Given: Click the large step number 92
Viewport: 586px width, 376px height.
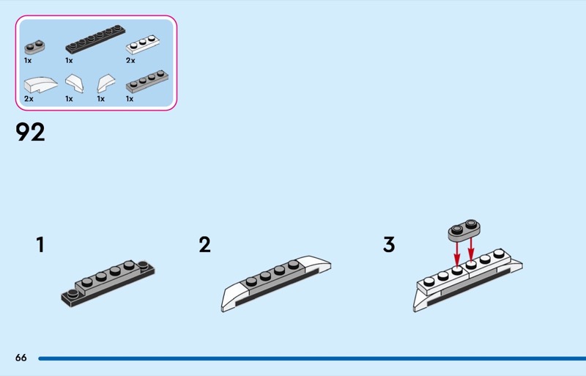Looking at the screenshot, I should [x=30, y=133].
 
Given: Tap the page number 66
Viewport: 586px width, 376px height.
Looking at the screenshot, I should [x=21, y=358].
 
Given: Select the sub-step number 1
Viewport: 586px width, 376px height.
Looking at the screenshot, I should [x=40, y=245].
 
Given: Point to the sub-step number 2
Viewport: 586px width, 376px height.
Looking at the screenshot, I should [x=204, y=245].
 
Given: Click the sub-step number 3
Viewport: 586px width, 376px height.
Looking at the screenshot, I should [x=389, y=245].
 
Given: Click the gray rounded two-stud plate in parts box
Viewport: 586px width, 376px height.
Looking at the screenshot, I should [x=32, y=48].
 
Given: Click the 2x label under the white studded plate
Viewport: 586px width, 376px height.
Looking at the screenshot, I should [x=130, y=61].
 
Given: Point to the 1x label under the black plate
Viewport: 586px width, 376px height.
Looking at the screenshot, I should [x=69, y=61].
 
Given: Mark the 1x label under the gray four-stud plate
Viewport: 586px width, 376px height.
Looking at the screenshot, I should [x=130, y=98].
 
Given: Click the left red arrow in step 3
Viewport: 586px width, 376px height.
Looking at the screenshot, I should [x=458, y=253].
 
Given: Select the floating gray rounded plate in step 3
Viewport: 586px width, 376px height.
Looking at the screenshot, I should [x=462, y=229].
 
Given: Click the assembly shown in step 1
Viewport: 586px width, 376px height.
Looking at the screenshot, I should [x=108, y=281].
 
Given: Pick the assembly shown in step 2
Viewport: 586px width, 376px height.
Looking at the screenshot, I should [x=275, y=284].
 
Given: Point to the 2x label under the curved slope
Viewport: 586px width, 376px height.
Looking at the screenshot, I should [x=29, y=98].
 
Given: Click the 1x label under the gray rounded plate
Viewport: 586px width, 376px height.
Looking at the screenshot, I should [x=28, y=61].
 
